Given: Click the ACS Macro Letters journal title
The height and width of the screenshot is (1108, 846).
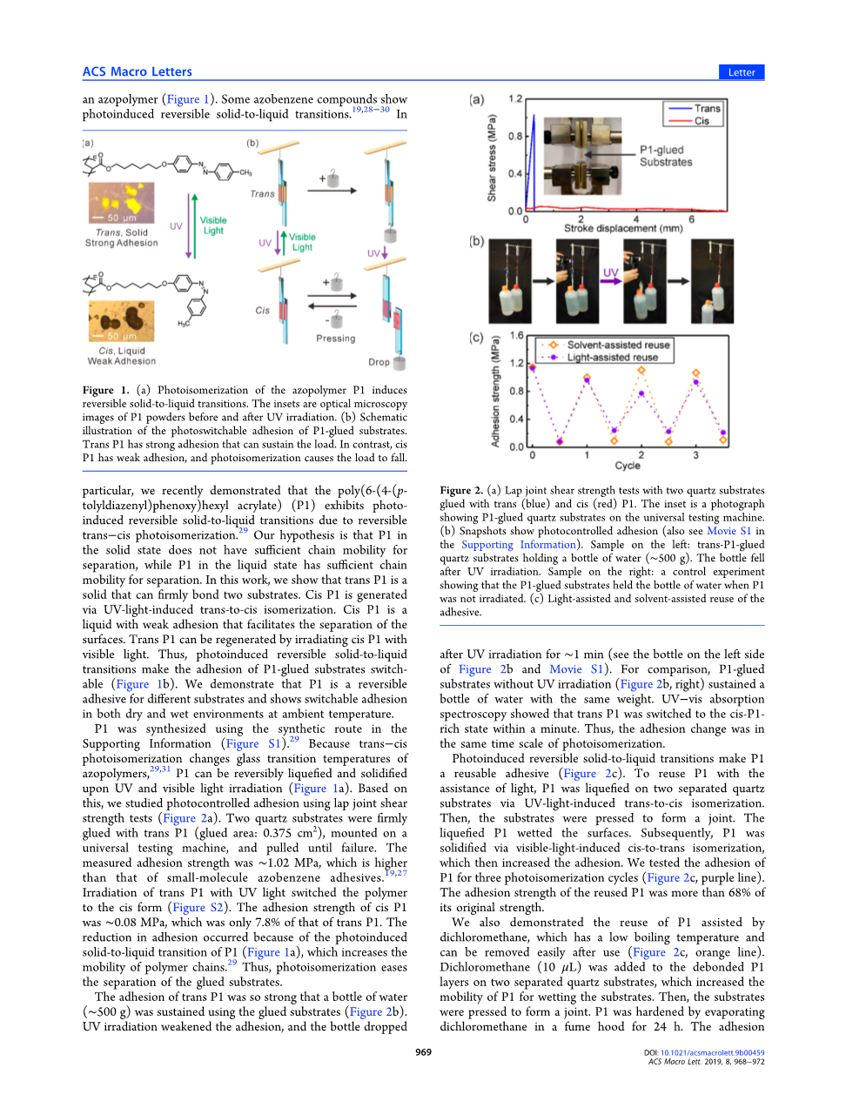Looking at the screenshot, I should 137,72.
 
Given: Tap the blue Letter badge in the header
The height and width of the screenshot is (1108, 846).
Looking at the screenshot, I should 741,72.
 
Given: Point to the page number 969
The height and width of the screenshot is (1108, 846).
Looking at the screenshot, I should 423,1052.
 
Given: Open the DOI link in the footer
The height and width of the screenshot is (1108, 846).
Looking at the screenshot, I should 711,1052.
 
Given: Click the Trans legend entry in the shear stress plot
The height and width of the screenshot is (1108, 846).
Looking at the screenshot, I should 707,109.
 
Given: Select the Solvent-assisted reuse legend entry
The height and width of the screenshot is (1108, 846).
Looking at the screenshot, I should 618,345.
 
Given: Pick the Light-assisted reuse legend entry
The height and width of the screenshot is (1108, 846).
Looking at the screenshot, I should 612,357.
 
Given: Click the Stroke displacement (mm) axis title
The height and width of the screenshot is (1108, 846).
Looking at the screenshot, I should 623,229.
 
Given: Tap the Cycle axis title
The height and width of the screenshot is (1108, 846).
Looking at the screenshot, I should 627,466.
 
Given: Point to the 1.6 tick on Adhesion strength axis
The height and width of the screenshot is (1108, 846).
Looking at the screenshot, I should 517,335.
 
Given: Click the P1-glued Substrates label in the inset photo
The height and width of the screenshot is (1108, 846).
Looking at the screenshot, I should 666,156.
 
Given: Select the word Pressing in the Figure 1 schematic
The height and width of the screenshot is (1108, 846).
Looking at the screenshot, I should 335,339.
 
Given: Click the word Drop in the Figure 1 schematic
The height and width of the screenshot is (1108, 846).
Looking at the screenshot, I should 379,362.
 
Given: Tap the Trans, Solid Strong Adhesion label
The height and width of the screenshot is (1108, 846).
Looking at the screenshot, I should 122,238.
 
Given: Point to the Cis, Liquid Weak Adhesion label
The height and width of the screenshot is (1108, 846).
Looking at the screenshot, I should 122,356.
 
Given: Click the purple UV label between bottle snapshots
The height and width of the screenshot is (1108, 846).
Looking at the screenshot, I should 610,272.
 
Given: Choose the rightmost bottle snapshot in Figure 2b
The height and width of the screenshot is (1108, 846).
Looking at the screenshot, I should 712,281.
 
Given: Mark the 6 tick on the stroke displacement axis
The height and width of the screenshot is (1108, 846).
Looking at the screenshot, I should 692,219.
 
